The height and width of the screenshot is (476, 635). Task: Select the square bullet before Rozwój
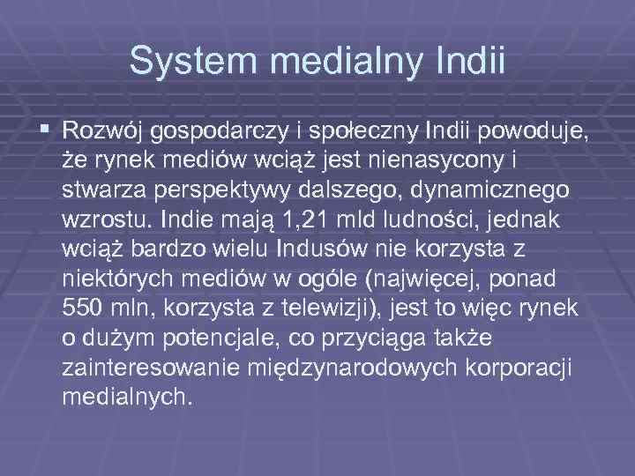point(46,131)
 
